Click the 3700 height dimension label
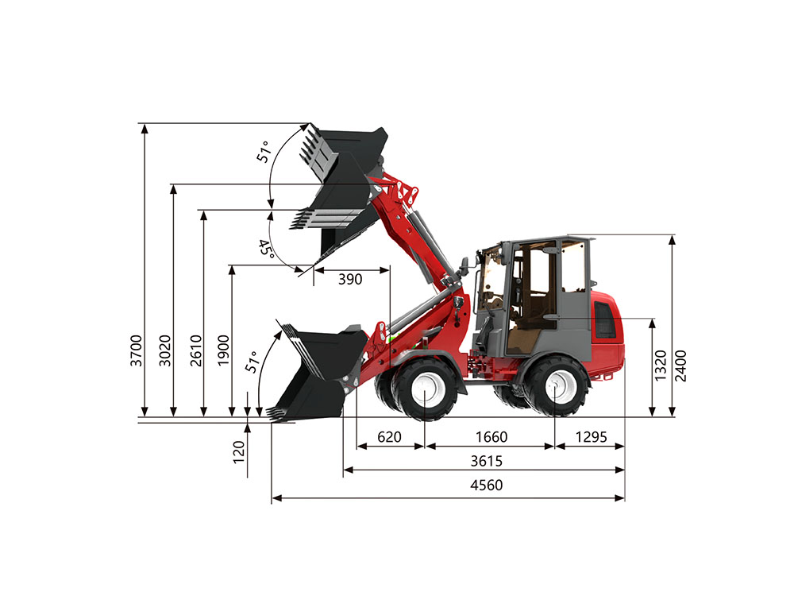click(137, 350)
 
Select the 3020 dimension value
click(166, 350)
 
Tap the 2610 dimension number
click(195, 350)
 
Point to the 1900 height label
click(223, 350)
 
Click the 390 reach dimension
click(350, 279)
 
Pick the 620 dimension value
click(389, 437)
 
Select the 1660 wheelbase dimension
click(491, 437)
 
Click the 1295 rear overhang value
click(591, 437)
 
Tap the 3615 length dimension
click(487, 461)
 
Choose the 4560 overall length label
click(487, 486)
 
